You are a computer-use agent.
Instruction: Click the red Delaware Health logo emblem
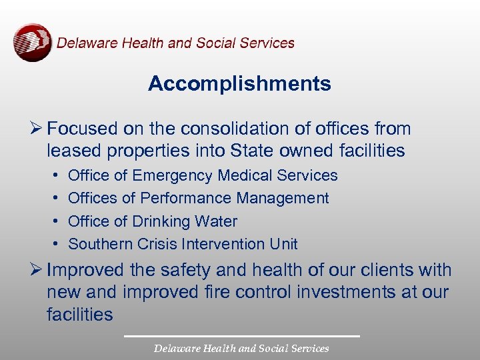[32, 43]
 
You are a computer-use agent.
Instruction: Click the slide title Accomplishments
[239, 84]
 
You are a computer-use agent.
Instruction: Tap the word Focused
[81, 129]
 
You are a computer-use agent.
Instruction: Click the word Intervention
[217, 243]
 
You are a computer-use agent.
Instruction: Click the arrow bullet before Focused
[37, 129]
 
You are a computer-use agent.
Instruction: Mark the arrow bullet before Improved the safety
[37, 271]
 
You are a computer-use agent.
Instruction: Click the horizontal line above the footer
[241, 336]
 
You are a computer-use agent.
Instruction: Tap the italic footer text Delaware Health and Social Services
[241, 348]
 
